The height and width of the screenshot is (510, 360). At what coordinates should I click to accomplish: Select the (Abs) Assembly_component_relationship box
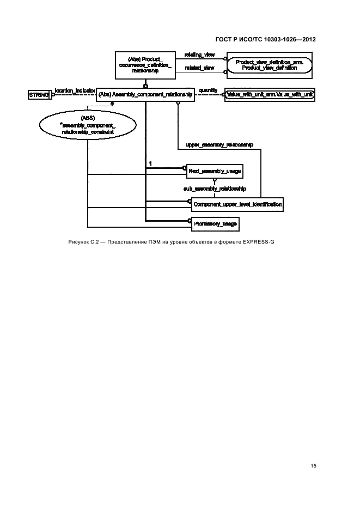146,94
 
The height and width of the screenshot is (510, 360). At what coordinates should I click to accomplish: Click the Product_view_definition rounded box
270,65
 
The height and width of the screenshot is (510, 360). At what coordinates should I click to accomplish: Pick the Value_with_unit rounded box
270,94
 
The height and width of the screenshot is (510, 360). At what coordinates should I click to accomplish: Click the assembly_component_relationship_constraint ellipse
87,125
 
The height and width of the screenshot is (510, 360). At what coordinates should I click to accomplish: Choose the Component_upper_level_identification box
236,204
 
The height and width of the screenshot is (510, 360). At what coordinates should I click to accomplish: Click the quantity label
208,90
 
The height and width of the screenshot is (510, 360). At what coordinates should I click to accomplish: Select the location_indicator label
75,90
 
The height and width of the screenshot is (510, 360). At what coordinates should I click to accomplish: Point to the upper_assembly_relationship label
219,145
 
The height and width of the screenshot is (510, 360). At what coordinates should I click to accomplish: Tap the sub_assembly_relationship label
215,188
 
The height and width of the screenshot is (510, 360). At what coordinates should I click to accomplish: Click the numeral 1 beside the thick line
150,163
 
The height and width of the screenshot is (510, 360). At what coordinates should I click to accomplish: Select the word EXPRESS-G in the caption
258,241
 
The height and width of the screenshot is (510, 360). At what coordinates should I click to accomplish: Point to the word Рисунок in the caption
80,241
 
